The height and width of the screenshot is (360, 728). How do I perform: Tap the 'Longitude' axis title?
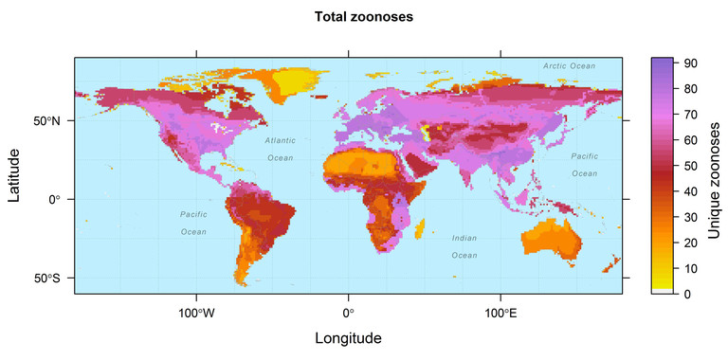point(348,338)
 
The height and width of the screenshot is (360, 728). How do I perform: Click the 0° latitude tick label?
point(54,200)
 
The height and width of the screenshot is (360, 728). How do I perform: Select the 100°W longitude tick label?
point(196,314)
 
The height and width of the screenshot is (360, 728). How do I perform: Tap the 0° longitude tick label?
point(348,314)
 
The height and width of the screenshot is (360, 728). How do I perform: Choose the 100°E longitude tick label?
point(500,314)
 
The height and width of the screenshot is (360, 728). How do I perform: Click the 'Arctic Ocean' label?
point(569,66)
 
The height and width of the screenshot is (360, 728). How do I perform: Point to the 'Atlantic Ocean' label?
point(280,149)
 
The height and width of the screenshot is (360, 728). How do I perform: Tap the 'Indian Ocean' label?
point(464,246)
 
